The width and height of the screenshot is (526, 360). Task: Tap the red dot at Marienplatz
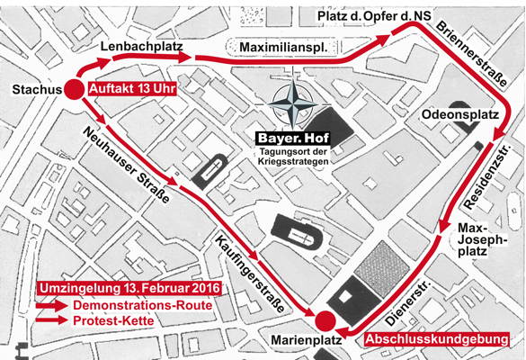325,320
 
